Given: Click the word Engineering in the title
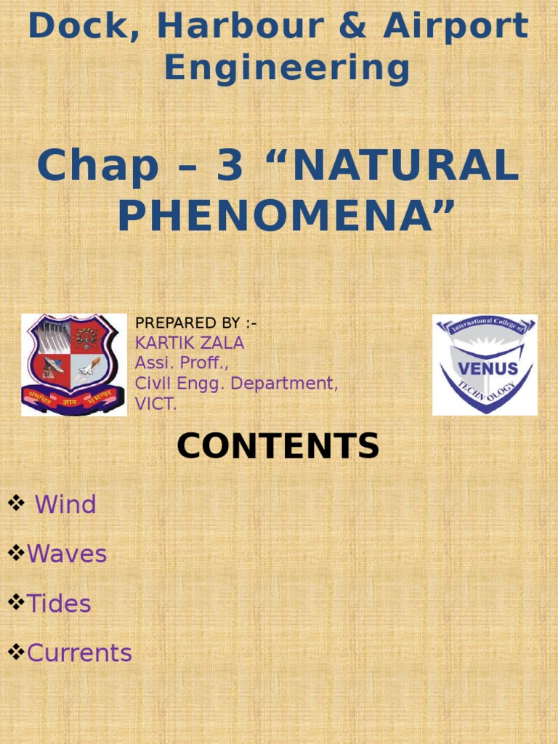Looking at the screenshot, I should tap(287, 68).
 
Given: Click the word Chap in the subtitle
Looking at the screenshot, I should tap(98, 166).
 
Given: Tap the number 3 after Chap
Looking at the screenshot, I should tap(230, 166).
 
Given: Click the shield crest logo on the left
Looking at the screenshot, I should tap(74, 365).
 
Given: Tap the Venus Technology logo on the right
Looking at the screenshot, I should tap(485, 365).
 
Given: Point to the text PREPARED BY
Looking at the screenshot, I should tap(195, 323).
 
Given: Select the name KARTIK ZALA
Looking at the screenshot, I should tap(190, 343).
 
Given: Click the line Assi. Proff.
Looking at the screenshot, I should tap(182, 363).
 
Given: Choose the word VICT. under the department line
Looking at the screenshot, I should tap(156, 405).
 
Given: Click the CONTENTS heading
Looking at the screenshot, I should tap(278, 446).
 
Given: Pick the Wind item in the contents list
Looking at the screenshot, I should tap(65, 504).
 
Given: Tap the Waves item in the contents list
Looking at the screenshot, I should tap(67, 554).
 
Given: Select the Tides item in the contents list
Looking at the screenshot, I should tap(59, 604).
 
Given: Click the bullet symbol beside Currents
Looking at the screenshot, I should tap(16, 652).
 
